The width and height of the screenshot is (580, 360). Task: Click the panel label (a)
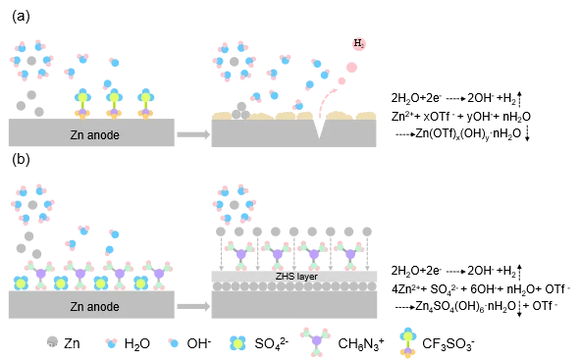click(21, 17)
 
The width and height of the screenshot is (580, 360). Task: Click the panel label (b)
click(21, 159)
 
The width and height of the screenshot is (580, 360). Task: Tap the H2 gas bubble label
click(359, 43)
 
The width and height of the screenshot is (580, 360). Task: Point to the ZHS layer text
click(296, 276)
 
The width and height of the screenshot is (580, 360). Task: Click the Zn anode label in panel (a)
click(94, 135)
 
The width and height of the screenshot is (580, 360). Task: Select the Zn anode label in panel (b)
click(94, 306)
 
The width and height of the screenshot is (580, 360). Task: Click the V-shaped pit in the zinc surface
click(319, 128)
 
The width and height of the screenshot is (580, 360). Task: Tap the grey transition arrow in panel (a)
click(193, 134)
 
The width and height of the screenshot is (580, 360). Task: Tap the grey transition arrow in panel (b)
click(193, 306)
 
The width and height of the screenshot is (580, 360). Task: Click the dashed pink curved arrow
click(324, 99)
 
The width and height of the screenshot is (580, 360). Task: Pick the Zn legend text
click(72, 343)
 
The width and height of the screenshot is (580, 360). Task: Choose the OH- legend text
click(199, 343)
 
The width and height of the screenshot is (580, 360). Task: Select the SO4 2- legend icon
click(237, 343)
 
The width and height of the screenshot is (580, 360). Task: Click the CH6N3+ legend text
click(360, 343)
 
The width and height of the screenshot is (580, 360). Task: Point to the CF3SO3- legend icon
click(408, 342)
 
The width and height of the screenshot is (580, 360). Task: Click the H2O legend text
click(136, 343)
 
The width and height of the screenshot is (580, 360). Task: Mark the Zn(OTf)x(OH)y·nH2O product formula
click(468, 133)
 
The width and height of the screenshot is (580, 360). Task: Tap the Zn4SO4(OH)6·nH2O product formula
click(466, 306)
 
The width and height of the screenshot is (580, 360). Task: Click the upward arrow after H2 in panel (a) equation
click(519, 98)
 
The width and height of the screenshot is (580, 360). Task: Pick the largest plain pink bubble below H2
click(351, 68)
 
